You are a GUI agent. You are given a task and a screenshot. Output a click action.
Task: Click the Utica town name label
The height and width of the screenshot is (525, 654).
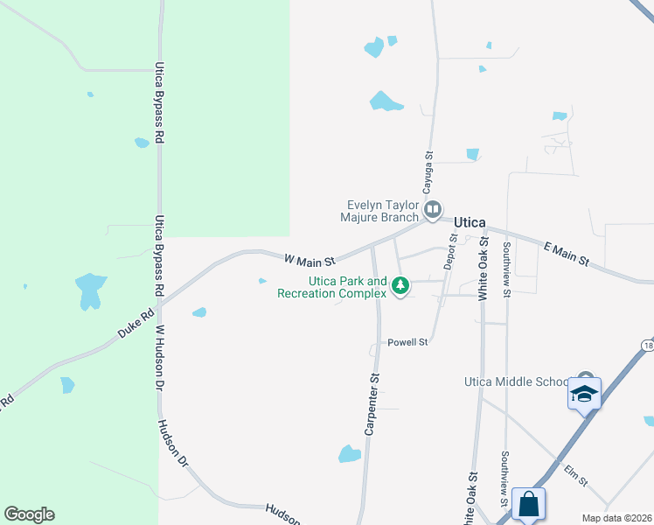tap(470, 223)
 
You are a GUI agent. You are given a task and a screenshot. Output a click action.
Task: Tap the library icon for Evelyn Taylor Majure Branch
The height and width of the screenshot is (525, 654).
tap(433, 209)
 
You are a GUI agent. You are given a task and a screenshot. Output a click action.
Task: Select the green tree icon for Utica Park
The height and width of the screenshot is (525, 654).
tap(400, 285)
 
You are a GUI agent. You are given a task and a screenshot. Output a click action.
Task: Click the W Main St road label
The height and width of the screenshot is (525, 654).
tap(310, 260)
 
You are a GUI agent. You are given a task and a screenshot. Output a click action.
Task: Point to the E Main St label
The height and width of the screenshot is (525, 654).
tap(565, 255)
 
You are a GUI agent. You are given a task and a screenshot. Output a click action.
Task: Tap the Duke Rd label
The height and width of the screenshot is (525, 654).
tap(136, 324)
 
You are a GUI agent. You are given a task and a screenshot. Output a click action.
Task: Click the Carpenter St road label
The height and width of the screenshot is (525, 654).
tap(373, 403)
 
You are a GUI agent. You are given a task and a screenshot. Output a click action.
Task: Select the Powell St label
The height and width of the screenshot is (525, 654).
tap(408, 342)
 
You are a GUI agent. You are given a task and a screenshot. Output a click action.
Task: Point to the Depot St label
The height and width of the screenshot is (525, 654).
tap(450, 251)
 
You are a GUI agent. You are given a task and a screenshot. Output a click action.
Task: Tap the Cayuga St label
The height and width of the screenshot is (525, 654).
tap(428, 172)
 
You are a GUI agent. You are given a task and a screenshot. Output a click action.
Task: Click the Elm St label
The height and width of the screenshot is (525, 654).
tap(574, 476)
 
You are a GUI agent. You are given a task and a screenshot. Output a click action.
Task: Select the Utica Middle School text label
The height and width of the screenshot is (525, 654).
tap(515, 382)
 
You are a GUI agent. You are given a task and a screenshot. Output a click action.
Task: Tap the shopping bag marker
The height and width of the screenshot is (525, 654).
tap(528, 505)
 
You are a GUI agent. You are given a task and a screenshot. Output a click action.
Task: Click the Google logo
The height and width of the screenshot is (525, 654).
tap(29, 514)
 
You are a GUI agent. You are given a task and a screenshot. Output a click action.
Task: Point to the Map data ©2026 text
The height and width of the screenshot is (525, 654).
tap(616, 518)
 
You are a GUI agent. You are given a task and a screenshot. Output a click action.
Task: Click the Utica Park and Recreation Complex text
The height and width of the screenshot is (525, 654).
tap(332, 287)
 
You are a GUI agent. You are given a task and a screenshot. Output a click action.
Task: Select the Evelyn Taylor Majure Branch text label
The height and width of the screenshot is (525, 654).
tap(382, 211)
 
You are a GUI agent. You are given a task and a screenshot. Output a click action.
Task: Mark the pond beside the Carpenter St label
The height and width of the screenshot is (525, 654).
tap(350, 454)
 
